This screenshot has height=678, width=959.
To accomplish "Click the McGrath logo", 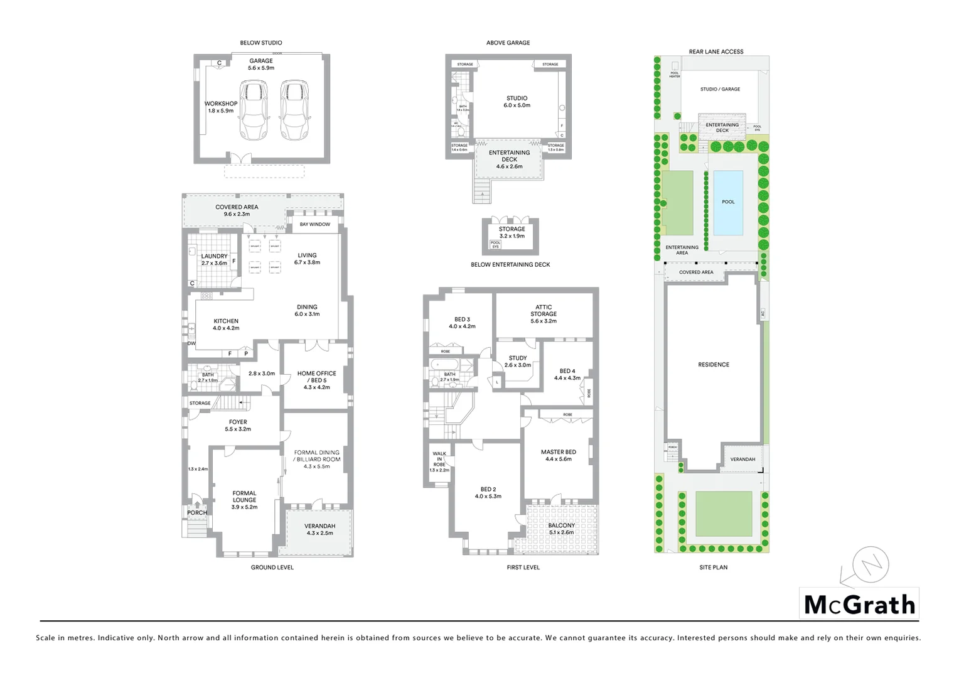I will click(x=859, y=605).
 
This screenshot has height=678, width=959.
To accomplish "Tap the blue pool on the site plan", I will click(x=728, y=202).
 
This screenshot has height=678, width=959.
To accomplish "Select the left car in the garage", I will click(x=253, y=110).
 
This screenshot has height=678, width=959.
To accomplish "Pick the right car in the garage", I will click(x=294, y=110).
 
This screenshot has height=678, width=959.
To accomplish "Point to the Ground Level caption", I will click(x=272, y=568).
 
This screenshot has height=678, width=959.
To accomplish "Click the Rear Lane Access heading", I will click(x=715, y=51).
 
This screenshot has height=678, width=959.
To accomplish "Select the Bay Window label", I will click(x=314, y=224).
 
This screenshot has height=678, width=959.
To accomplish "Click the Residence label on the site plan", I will click(x=714, y=365).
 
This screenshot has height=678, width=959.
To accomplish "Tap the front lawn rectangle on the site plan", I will click(x=724, y=513).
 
